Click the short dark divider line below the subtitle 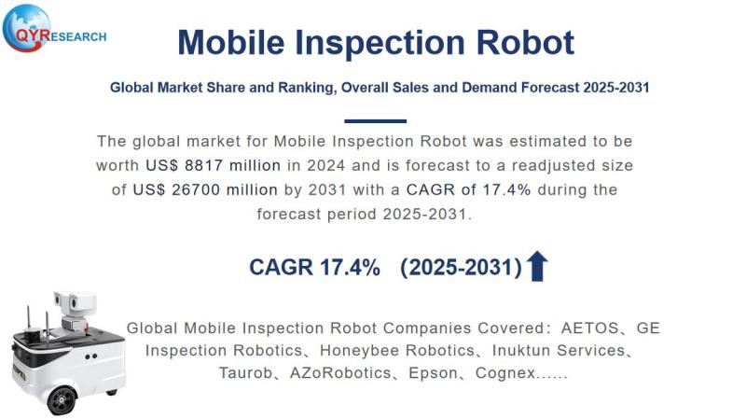375,121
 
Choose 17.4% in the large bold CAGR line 347,268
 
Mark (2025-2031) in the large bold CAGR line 461,268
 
